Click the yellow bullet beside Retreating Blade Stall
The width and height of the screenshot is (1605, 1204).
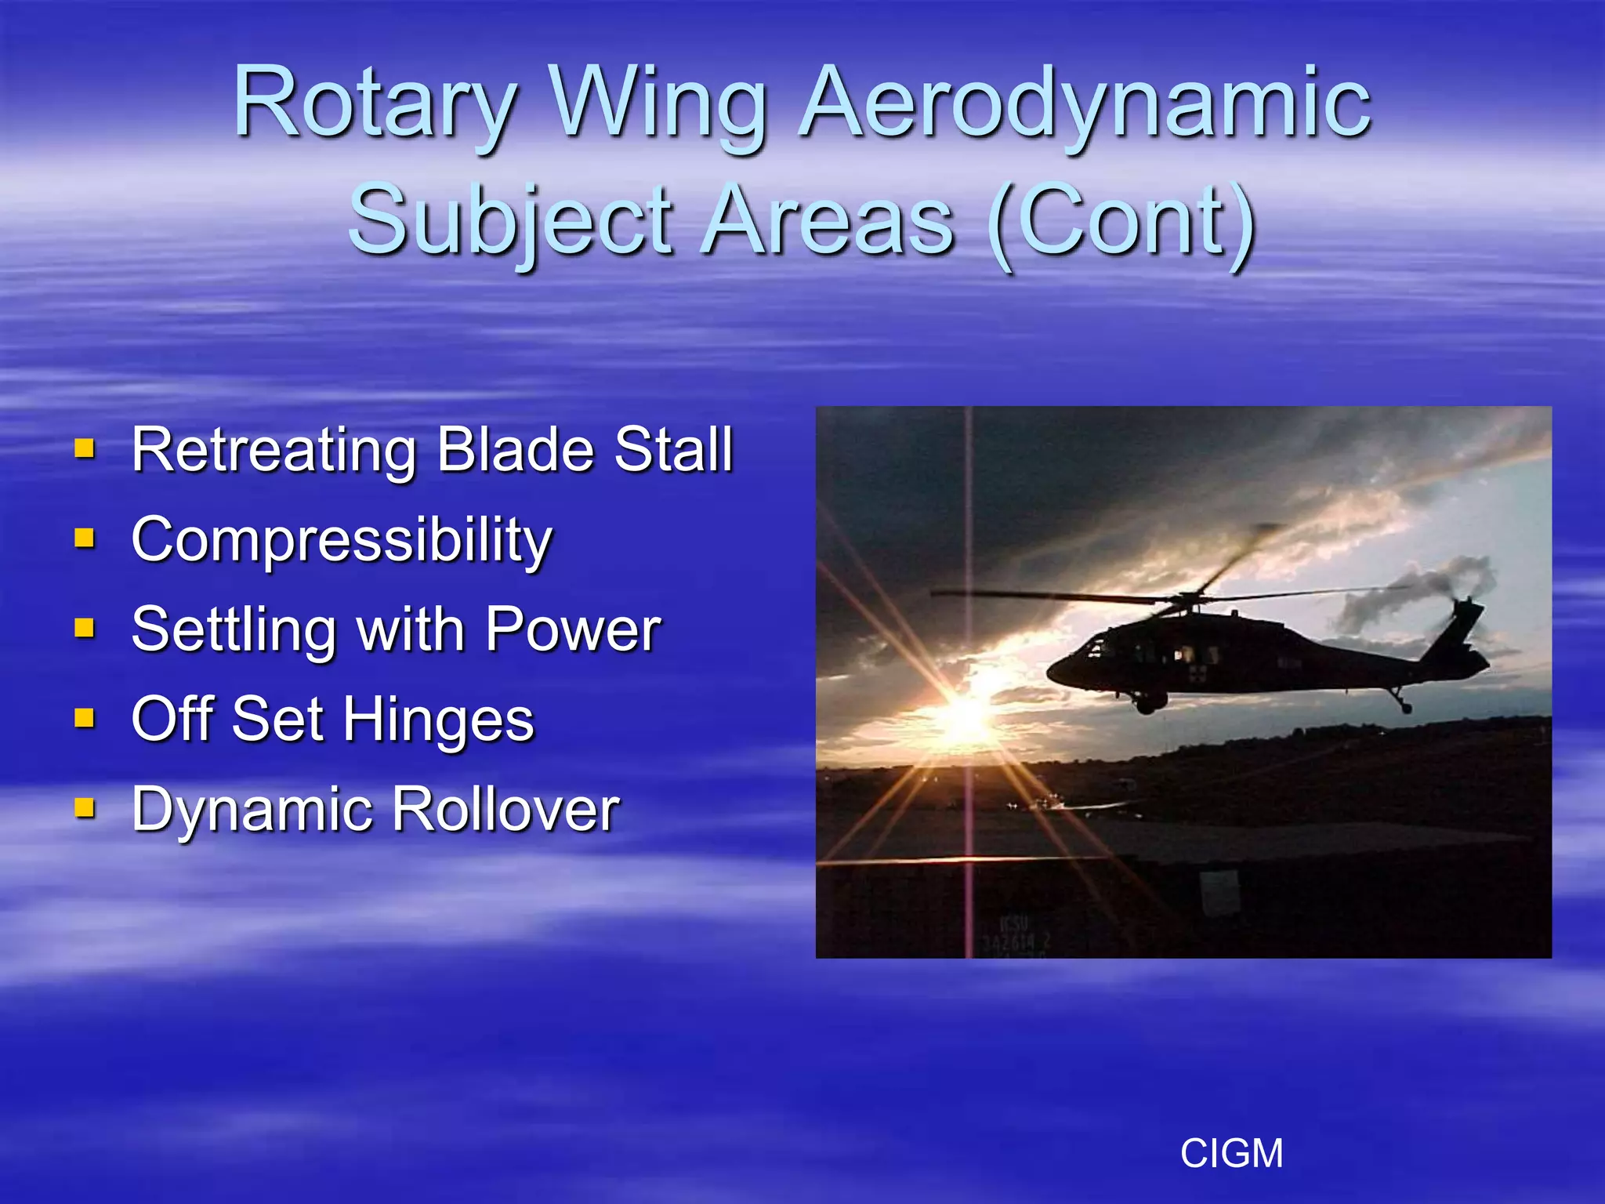pos(85,449)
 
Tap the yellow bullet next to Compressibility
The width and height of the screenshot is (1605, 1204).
pos(85,539)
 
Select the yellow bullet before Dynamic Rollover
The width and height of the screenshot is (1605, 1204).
pos(85,807)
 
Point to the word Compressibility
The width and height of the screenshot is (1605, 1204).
pos(342,541)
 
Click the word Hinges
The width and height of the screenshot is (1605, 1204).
pos(438,720)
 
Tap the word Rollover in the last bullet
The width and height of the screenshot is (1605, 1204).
pos(505,809)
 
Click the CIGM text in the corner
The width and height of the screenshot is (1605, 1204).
pos(1231,1153)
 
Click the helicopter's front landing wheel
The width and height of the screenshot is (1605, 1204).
pos(1147,705)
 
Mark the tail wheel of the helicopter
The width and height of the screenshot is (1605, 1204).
pos(1406,708)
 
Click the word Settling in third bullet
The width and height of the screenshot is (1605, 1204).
pos(233,631)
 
